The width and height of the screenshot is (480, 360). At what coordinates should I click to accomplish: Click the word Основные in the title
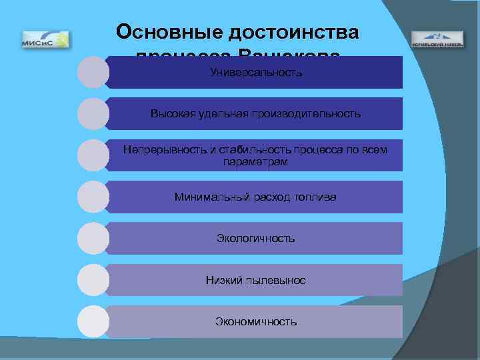coord(169,32)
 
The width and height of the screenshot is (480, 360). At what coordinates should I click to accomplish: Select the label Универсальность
coord(255,72)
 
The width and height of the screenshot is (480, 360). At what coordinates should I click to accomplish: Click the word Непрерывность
coord(165,149)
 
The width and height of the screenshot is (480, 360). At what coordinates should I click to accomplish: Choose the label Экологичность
coord(255,238)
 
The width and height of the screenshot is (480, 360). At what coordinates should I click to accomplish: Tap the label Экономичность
coord(255,321)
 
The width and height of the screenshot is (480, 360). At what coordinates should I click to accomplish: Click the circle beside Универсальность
coord(93,72)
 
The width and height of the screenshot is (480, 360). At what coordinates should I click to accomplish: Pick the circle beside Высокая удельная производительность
coord(93,113)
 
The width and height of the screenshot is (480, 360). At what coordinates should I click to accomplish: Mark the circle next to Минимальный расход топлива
coord(93,197)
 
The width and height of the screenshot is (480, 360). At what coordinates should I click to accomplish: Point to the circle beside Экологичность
coord(93,238)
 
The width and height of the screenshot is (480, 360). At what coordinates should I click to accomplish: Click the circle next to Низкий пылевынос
coord(93,280)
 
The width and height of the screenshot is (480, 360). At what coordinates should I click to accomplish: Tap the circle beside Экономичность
coord(93,321)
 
